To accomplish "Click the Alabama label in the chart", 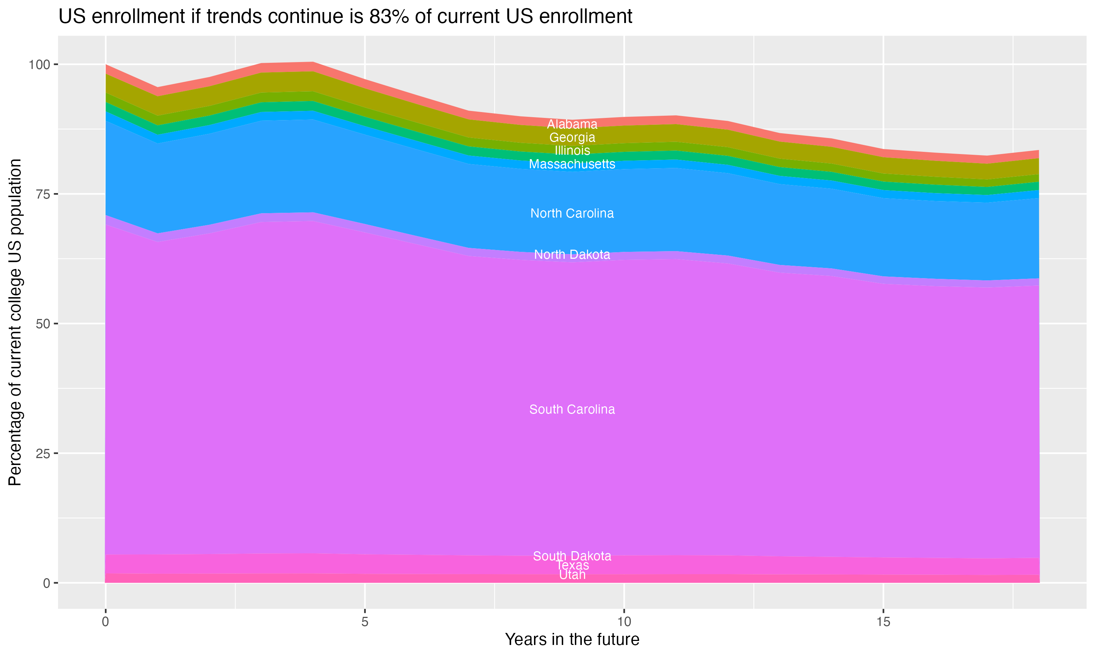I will (572, 124).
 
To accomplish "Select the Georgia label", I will (572, 137).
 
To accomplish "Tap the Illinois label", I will (572, 150).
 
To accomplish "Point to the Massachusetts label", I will (572, 164).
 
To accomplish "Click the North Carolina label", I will (572, 214).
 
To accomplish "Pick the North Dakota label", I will (572, 254).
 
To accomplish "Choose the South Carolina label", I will (572, 410).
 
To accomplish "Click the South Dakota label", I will (572, 556).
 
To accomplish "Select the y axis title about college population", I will (15, 322).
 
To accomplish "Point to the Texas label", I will (572, 566).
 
